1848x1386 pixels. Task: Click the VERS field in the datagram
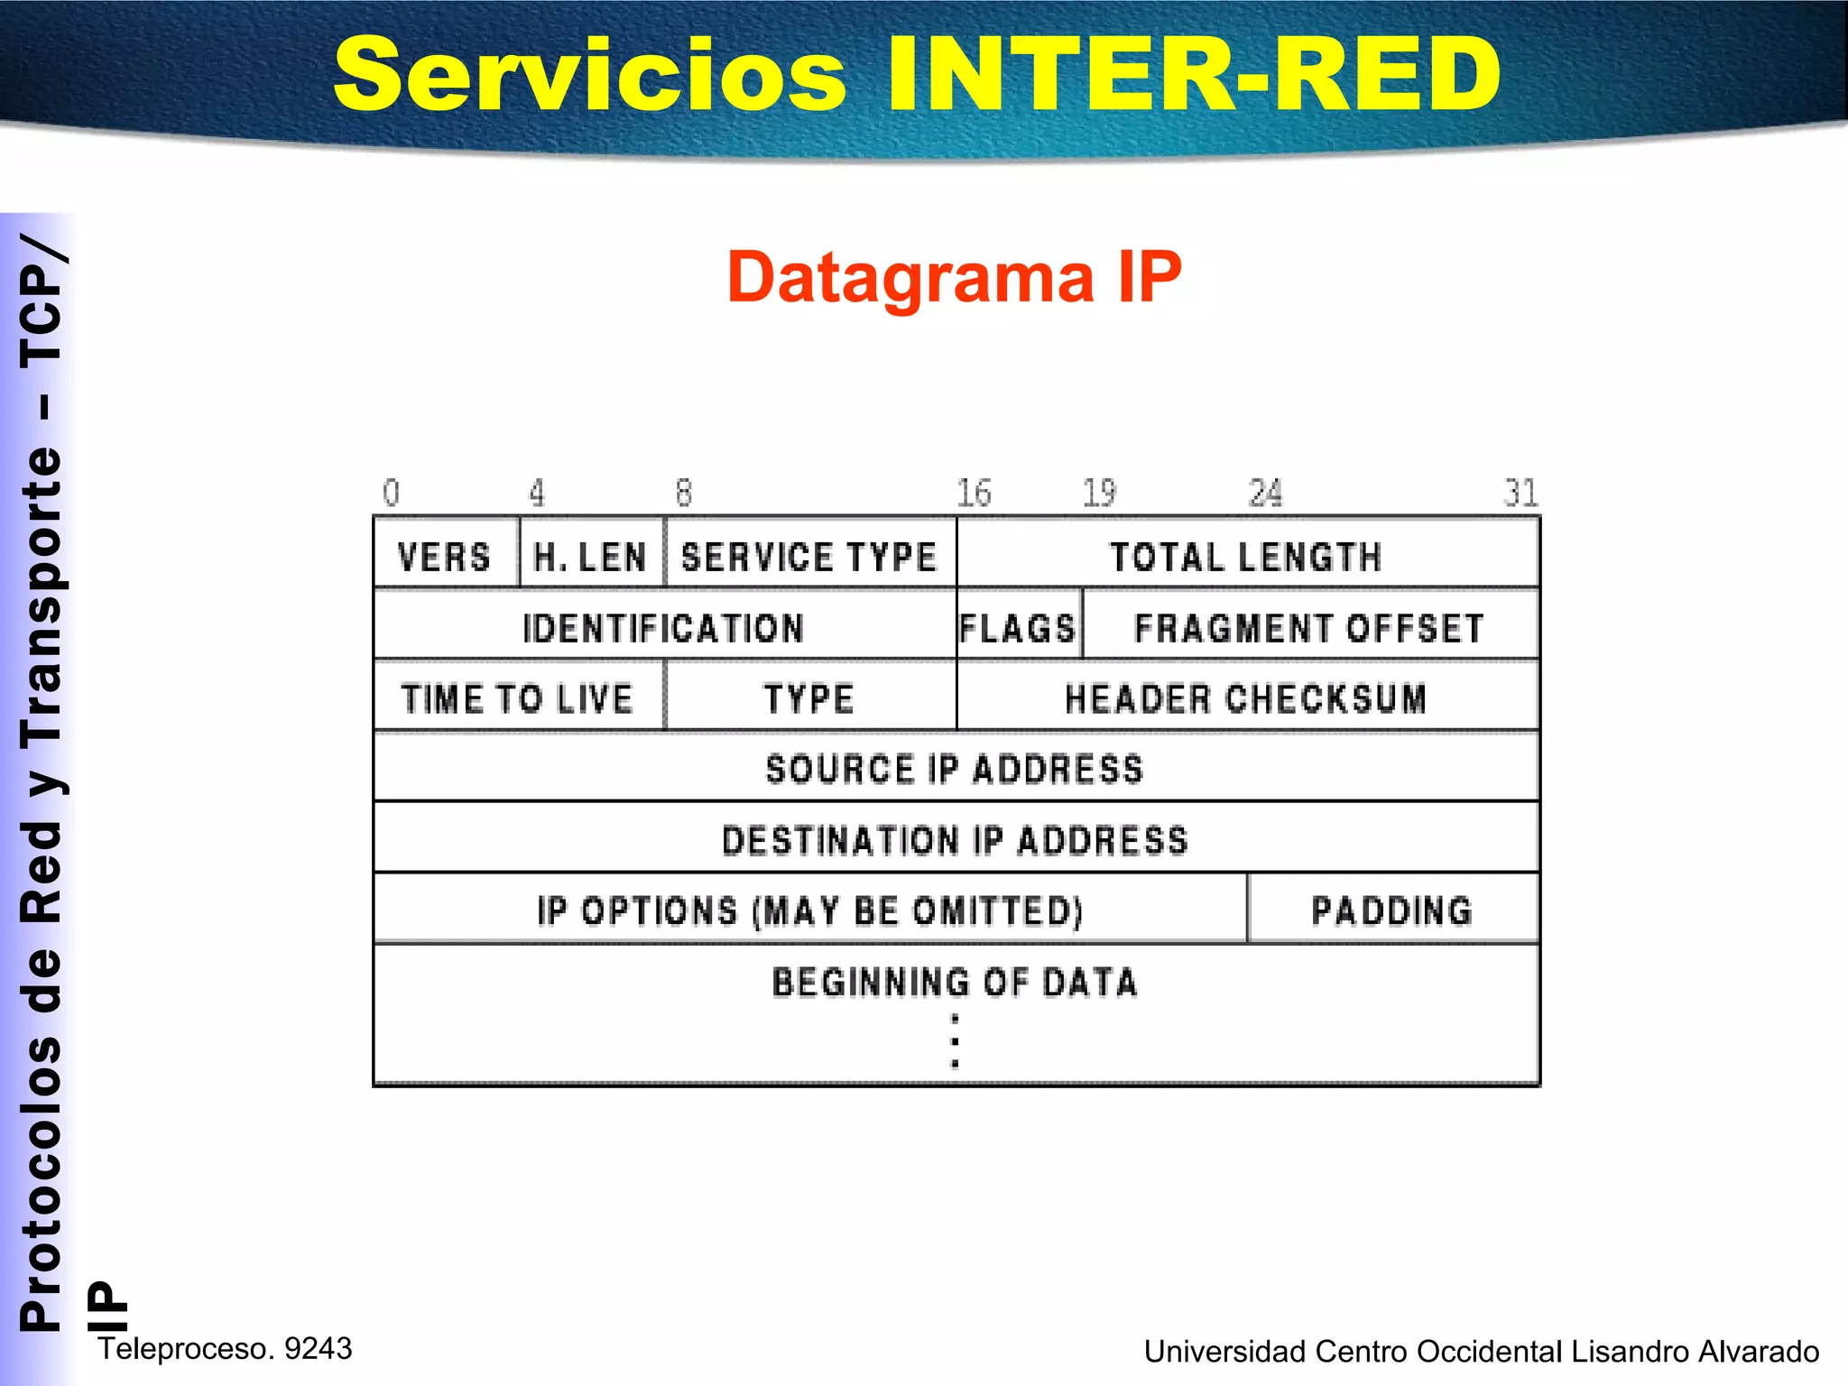pos(446,555)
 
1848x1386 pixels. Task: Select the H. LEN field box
pos(591,555)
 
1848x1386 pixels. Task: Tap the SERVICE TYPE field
pos(809,555)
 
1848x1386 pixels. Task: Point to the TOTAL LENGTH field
pos(1246,555)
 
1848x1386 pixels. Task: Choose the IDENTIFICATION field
pos(663,626)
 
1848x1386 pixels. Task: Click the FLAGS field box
pos(1018,626)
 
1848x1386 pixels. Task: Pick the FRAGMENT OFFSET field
pos(1309,626)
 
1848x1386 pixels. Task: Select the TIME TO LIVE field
pos(518,698)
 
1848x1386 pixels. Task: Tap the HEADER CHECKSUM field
pos(1246,698)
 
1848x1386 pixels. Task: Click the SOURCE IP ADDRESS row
pos(955,768)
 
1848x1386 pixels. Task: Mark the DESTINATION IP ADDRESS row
pos(955,839)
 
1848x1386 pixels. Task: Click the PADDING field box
pos(1392,910)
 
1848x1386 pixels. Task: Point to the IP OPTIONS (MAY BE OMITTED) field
pos(809,910)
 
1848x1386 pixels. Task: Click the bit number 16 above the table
pos(974,493)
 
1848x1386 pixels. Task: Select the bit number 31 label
pos(1520,493)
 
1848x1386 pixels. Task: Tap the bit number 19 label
pos(1099,493)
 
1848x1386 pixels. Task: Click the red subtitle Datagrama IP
pos(954,276)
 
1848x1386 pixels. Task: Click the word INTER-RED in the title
pos(1193,74)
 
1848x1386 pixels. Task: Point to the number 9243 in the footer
pos(318,1348)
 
